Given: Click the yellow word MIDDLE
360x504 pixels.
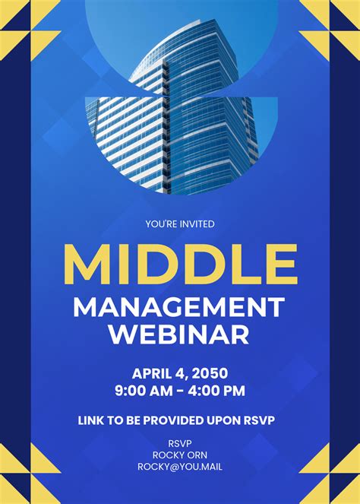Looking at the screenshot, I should (x=180, y=263).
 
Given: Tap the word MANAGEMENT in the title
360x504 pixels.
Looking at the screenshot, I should (x=179, y=307).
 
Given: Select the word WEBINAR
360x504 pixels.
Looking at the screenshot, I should (x=179, y=334).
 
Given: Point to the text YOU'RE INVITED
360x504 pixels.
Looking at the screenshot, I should (x=180, y=223).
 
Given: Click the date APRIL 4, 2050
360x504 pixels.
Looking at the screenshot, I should (x=180, y=373).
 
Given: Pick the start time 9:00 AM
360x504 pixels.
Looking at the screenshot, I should (x=144, y=391).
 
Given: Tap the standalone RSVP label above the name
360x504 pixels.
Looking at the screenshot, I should (x=180, y=443).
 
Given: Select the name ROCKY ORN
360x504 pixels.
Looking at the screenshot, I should (x=180, y=455).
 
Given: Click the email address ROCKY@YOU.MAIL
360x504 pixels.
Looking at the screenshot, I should (x=180, y=468).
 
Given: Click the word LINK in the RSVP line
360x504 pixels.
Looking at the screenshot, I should (x=91, y=419).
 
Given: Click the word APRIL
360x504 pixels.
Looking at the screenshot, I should (x=153, y=373).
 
